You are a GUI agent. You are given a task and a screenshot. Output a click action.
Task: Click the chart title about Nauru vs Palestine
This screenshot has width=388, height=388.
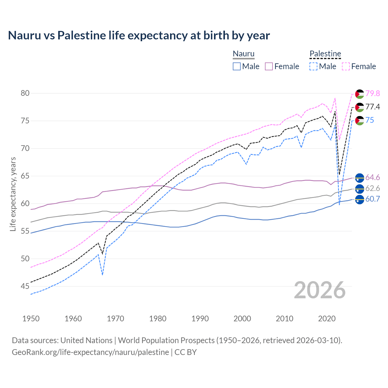point(139,35)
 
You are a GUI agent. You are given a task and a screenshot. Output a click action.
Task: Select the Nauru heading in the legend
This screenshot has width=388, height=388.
point(243,54)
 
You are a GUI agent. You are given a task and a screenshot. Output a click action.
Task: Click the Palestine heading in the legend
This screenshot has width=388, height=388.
point(325,54)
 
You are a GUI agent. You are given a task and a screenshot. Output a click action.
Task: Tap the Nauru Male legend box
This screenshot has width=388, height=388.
point(237,66)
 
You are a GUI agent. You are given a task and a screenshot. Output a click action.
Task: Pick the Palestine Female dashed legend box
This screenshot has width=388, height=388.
point(346,66)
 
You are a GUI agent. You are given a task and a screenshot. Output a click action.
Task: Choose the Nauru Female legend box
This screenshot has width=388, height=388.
point(269,66)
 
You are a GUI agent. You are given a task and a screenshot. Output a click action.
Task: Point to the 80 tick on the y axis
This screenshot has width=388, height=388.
point(25,93)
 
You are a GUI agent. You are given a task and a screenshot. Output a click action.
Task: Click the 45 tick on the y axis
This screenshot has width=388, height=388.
point(25,286)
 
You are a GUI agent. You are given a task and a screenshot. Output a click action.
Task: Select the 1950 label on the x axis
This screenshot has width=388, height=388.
point(31,319)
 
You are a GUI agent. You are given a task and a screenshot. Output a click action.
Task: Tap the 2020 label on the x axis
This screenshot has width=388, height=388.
point(327,319)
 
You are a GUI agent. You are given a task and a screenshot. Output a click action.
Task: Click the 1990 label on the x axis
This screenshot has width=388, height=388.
point(200,319)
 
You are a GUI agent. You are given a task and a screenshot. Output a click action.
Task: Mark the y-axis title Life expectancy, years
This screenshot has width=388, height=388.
point(13,194)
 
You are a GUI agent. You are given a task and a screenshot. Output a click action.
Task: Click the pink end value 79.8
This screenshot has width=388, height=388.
point(373,93)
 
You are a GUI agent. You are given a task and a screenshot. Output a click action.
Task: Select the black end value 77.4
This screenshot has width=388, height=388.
point(373,107)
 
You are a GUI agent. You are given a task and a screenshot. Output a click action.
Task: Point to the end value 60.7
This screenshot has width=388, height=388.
point(373,199)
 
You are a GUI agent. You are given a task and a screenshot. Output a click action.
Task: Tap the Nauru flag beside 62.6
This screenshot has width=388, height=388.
point(360,189)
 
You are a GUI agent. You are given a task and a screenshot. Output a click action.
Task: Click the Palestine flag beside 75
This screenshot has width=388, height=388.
point(360,120)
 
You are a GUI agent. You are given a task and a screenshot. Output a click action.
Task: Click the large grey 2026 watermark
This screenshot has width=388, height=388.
point(320,290)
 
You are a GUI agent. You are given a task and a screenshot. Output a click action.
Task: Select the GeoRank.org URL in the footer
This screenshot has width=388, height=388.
point(90,352)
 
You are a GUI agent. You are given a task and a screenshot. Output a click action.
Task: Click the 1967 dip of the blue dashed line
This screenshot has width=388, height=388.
point(102,275)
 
